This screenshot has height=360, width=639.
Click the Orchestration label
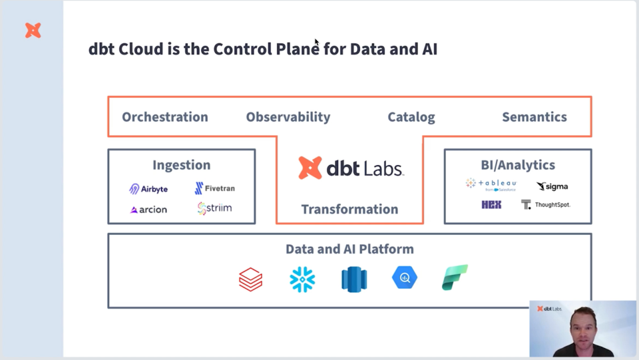164,117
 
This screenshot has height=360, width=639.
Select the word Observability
288,117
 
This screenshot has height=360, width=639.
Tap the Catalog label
411,117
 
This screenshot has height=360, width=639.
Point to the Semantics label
534,117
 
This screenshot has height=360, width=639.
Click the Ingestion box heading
181,165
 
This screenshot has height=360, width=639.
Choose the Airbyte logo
148,189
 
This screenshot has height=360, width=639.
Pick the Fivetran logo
214,188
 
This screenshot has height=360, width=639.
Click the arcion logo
148,210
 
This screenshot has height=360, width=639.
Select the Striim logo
214,209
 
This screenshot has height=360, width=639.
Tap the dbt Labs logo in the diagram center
351,168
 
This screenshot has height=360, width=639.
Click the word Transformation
349,209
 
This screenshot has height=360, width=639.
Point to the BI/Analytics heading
517,165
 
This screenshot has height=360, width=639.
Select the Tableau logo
491,184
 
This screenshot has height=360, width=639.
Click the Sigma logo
552,186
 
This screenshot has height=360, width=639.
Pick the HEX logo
491,205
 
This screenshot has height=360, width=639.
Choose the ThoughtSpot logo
546,205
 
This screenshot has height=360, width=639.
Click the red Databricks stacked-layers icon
251,279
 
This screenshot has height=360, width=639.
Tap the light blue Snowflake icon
302,279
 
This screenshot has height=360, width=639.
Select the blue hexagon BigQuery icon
405,278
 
